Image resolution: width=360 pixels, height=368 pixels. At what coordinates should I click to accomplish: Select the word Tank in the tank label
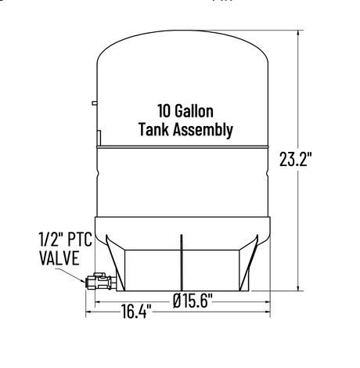click(154, 130)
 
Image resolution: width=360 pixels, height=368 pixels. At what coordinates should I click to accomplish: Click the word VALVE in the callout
click(57, 258)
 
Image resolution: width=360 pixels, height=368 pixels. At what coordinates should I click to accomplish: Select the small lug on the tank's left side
click(94, 102)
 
